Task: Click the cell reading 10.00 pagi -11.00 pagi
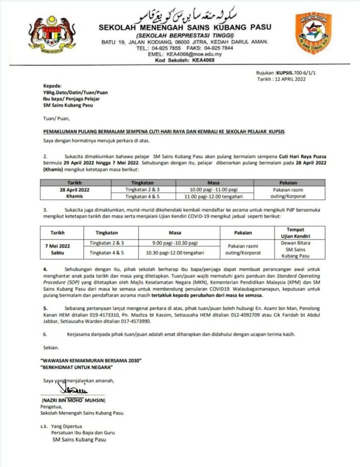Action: pyautogui.click(x=214, y=189)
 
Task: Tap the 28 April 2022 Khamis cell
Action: pyautogui.click(x=71, y=192)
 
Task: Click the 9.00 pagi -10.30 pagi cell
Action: pyautogui.click(x=175, y=243)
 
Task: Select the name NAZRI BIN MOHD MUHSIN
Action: pyautogui.click(x=73, y=400)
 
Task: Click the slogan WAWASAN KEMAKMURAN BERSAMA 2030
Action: pyautogui.click(x=91, y=360)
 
